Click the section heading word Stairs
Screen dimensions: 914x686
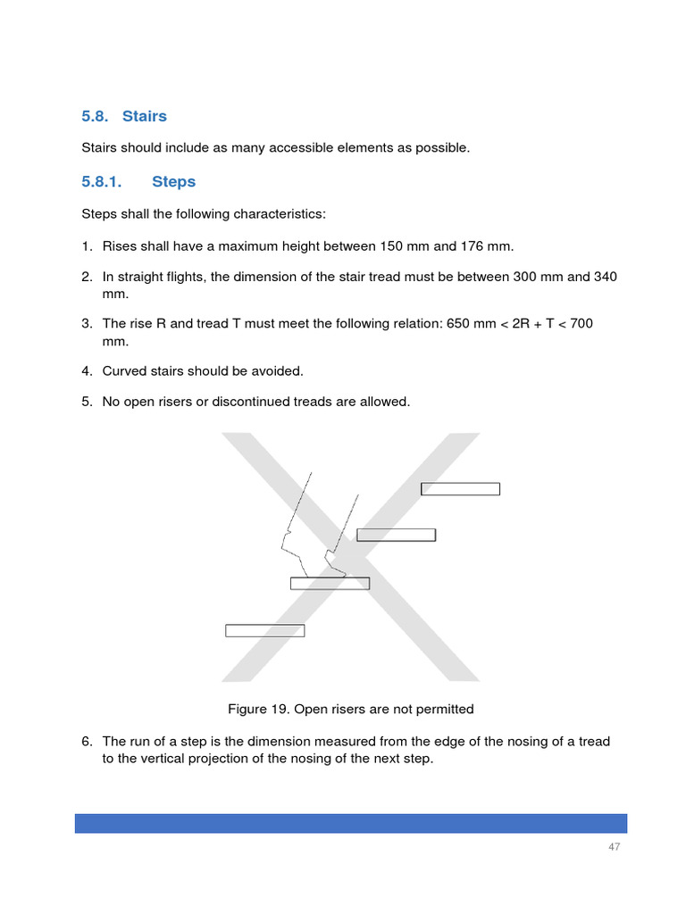point(144,116)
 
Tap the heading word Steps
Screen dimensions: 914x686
point(173,181)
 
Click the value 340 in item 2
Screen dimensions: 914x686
point(605,277)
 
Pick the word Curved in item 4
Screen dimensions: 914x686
point(124,370)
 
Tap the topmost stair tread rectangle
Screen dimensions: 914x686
point(460,488)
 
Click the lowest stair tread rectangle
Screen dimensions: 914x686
point(264,630)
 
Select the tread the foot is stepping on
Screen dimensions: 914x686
point(330,584)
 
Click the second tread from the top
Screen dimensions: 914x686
point(396,535)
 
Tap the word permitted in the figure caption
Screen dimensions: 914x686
point(444,710)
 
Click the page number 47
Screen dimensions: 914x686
point(614,847)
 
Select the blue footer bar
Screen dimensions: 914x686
point(350,823)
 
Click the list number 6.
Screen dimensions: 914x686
point(87,742)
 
